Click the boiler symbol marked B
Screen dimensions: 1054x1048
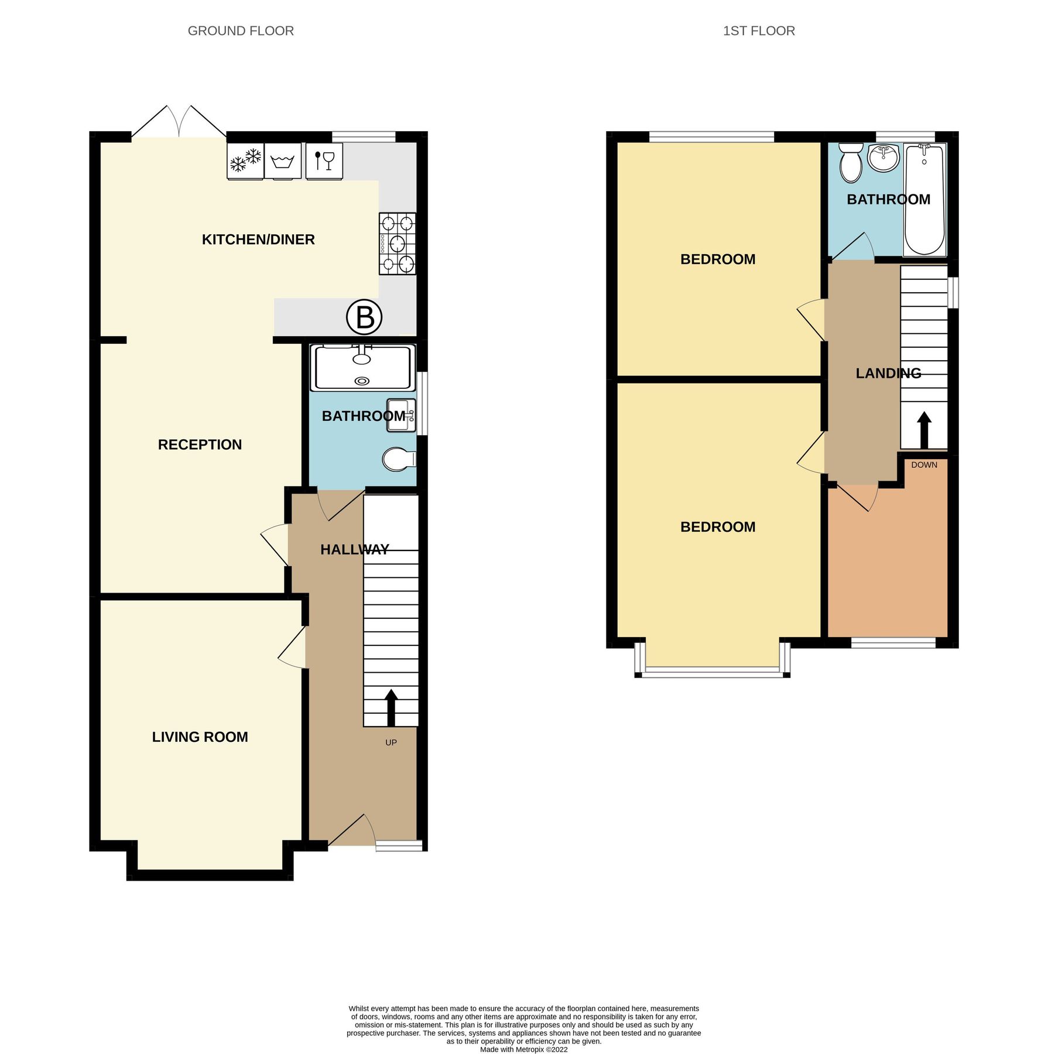point(364,317)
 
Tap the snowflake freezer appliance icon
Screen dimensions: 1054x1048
point(245,160)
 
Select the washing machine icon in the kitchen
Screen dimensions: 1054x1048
point(283,160)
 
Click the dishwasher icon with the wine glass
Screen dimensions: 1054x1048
point(324,160)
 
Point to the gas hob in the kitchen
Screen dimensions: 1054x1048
point(398,244)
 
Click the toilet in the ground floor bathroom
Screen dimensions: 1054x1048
point(398,460)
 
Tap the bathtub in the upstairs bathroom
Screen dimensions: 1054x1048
point(924,199)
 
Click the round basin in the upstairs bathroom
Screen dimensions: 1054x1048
point(883,158)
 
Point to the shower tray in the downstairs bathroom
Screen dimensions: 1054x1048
point(362,368)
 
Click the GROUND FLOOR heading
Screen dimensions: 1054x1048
point(241,31)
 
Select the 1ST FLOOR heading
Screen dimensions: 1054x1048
point(759,31)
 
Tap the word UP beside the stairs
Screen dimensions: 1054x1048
point(391,742)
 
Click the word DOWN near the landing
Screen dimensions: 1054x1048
point(924,465)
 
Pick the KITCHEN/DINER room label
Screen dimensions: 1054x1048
point(258,239)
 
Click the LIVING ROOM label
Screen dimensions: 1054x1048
point(200,737)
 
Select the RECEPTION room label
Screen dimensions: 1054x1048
point(200,444)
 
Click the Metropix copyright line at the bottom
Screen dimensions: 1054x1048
point(523,1049)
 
